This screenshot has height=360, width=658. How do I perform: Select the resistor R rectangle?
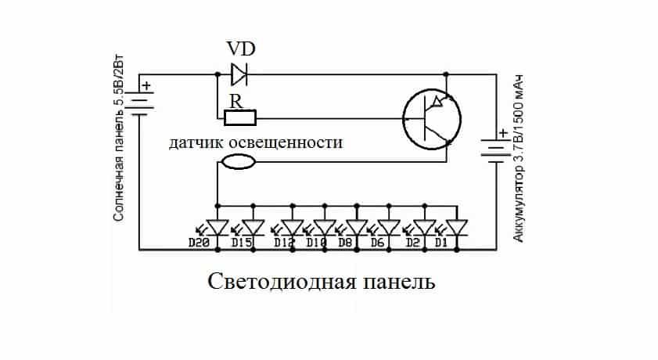tap(239, 118)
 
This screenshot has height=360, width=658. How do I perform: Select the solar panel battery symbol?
tap(138, 102)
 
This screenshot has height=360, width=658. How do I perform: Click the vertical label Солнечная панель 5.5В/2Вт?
tap(118, 149)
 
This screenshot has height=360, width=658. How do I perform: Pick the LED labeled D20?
tap(217, 227)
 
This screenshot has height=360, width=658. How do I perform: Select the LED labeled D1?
tap(456, 227)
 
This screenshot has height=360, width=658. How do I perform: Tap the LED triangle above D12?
tap(292, 227)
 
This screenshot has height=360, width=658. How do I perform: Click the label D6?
tap(377, 243)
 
